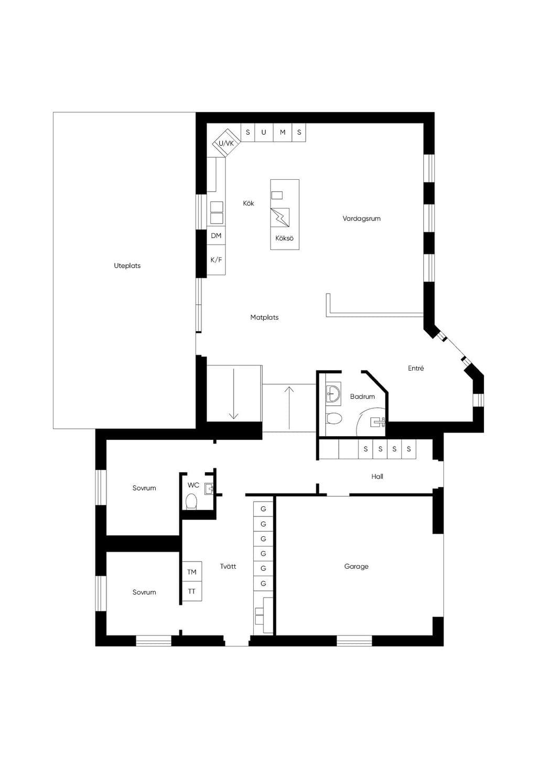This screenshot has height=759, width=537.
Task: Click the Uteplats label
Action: pyautogui.click(x=127, y=266)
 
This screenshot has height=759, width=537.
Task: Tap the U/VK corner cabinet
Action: pyautogui.click(x=226, y=143)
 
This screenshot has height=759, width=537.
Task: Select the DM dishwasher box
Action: pyautogui.click(x=216, y=235)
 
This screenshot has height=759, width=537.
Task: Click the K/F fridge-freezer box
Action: pyautogui.click(x=216, y=260)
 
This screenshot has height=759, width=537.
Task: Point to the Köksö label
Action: pyautogui.click(x=284, y=238)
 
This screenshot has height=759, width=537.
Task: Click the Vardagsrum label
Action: pyautogui.click(x=361, y=219)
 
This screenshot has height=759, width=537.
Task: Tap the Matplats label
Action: pyautogui.click(x=264, y=318)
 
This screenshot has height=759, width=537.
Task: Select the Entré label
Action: pyautogui.click(x=416, y=368)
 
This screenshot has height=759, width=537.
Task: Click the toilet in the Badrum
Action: pyautogui.click(x=334, y=418)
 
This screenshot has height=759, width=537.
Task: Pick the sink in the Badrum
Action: pyautogui.click(x=333, y=394)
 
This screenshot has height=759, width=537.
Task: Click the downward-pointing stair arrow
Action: pyautogui.click(x=233, y=394)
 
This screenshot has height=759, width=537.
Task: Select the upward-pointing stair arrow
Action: pyautogui.click(x=289, y=408)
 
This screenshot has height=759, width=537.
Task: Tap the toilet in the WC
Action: pyautogui.click(x=191, y=501)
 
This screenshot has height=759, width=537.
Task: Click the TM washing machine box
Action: pyautogui.click(x=192, y=572)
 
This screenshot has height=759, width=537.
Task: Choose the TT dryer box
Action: pyautogui.click(x=192, y=591)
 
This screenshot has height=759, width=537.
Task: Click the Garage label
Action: pyautogui.click(x=356, y=566)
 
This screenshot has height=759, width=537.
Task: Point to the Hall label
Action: pyautogui.click(x=378, y=476)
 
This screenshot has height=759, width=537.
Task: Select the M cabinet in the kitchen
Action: pyautogui.click(x=283, y=132)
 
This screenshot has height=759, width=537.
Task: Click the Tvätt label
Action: pyautogui.click(x=228, y=566)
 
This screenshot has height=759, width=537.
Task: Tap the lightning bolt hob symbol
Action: pyautogui.click(x=280, y=218)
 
